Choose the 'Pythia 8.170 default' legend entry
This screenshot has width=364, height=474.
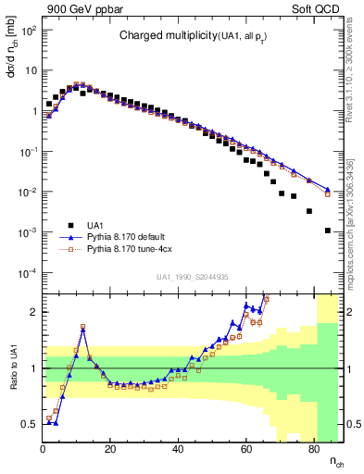click(x=131, y=237)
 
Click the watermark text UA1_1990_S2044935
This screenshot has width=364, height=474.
click(x=193, y=277)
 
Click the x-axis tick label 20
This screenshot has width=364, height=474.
click(x=110, y=448)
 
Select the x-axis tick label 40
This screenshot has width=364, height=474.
click(x=178, y=448)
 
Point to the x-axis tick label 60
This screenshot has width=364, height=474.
click(x=245, y=448)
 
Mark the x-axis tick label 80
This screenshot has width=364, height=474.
click(x=313, y=448)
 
